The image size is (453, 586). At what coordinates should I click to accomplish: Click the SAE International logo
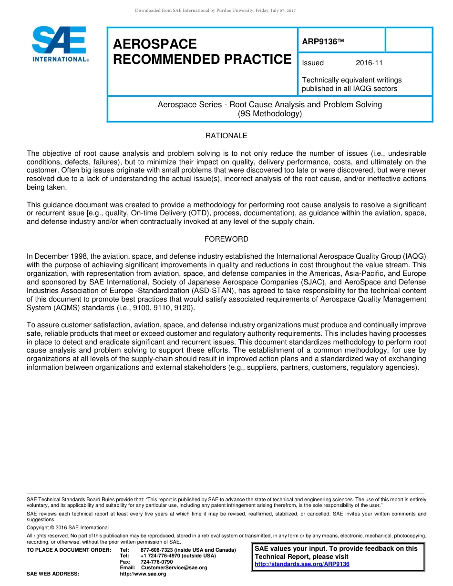pyautogui.click(x=60, y=44)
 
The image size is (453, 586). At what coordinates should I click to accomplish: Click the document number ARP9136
pyautogui.click(x=323, y=41)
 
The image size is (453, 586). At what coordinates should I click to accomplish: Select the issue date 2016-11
pyautogui.click(x=369, y=63)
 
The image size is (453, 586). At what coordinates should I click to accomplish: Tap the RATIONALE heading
pyautogui.click(x=226, y=136)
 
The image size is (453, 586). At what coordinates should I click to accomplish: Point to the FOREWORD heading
pyautogui.click(x=226, y=239)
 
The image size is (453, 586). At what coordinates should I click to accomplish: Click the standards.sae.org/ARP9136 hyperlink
pyautogui.click(x=302, y=564)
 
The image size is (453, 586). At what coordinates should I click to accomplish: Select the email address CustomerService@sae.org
pyautogui.click(x=174, y=568)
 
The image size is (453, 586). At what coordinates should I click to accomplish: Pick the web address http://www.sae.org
pyautogui.click(x=143, y=574)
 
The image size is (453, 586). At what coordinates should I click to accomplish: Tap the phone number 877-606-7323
pyautogui.click(x=157, y=550)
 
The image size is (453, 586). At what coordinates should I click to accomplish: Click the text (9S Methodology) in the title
pyautogui.click(x=270, y=114)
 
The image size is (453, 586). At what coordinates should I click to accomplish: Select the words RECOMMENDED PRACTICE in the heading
pyautogui.click(x=202, y=60)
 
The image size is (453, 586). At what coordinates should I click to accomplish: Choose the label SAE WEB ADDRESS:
pyautogui.click(x=53, y=574)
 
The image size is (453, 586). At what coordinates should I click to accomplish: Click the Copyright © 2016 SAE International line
pyautogui.click(x=68, y=527)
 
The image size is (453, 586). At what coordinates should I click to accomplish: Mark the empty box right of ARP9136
pyautogui.click(x=408, y=40)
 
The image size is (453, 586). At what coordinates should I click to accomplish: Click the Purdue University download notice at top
pyautogui.click(x=216, y=10)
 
